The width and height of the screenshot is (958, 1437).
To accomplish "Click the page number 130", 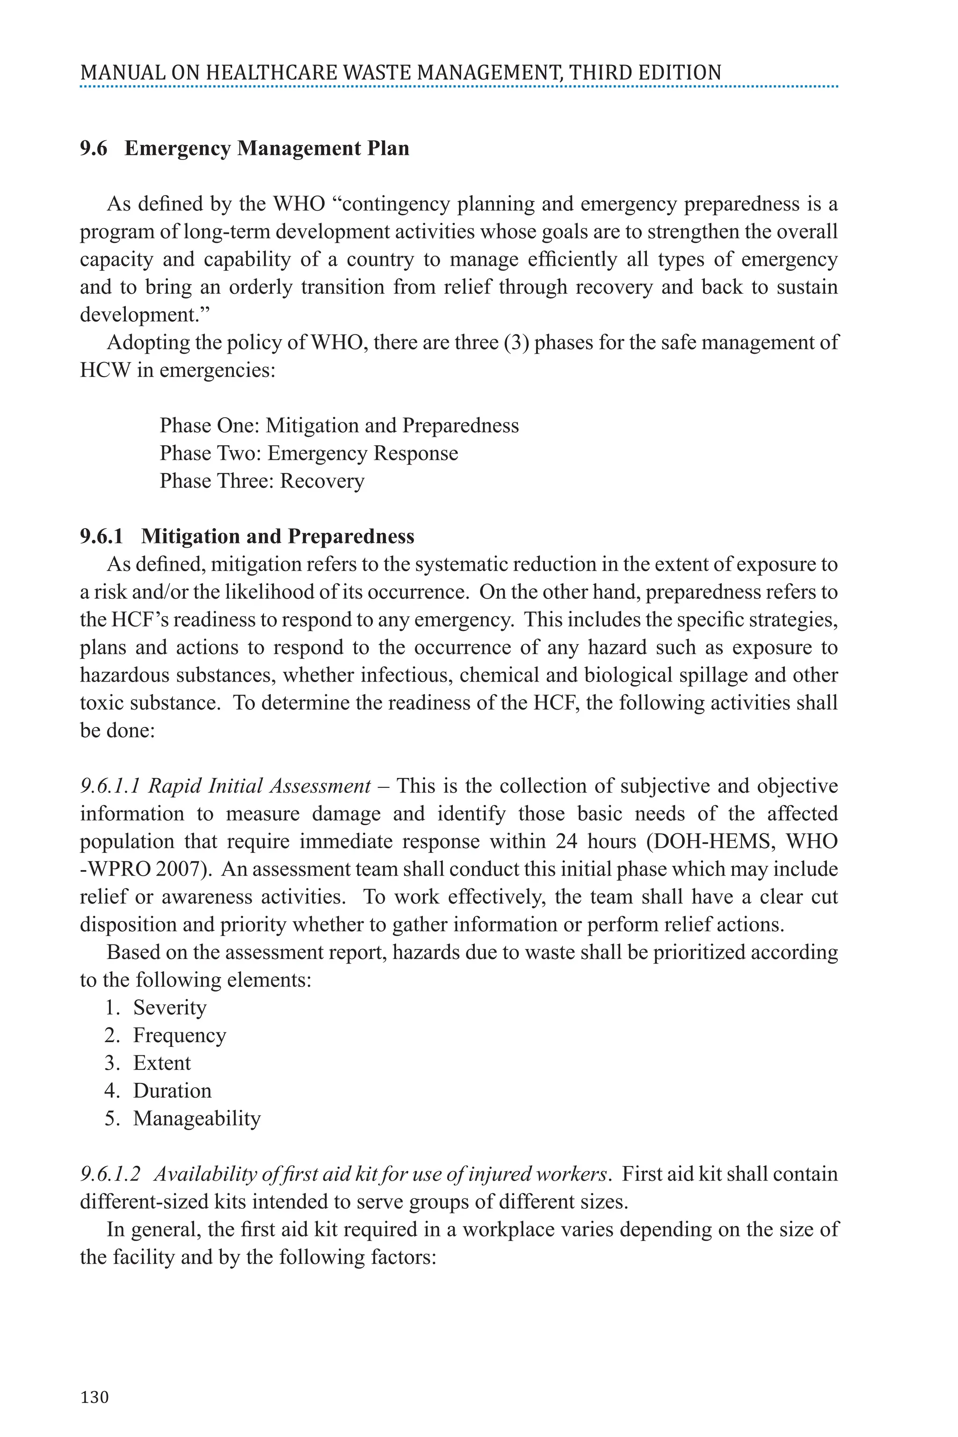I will (x=94, y=1397).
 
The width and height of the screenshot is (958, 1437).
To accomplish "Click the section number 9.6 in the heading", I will (x=94, y=148).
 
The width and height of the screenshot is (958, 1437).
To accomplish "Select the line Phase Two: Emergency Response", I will (x=309, y=453).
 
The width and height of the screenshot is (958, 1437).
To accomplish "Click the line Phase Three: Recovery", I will (x=261, y=481).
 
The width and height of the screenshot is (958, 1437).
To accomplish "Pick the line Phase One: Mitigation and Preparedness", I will (x=339, y=425).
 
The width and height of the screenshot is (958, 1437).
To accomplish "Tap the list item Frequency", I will (x=180, y=1035).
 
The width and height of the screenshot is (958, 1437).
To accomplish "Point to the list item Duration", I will (x=172, y=1090).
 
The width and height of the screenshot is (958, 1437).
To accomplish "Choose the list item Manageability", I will (x=197, y=1118).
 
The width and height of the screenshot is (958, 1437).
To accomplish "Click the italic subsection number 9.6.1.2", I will (x=110, y=1174).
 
